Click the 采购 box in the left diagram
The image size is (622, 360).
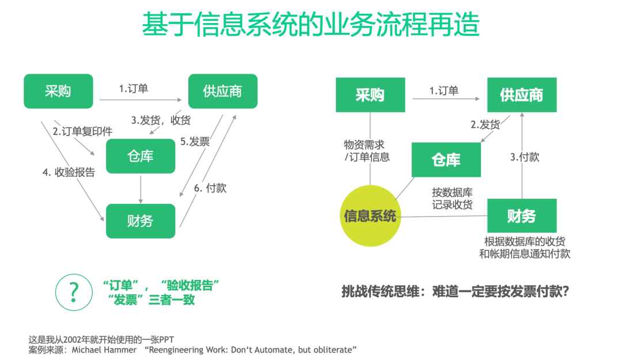[58, 91]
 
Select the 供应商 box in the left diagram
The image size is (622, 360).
[223, 91]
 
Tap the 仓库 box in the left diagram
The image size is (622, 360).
[141, 156]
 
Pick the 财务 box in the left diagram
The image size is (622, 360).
[141, 221]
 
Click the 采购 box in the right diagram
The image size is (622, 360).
[370, 94]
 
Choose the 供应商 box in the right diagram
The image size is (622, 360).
[522, 94]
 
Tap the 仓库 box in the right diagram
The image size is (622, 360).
[446, 160]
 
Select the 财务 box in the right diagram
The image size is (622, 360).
[522, 216]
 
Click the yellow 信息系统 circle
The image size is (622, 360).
[370, 216]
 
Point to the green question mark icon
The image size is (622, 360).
[74, 292]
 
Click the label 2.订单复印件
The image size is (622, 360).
[83, 131]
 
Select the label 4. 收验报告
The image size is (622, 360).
[70, 172]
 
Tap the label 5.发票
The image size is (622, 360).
[195, 142]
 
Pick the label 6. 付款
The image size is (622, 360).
[210, 188]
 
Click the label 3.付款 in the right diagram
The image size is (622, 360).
[525, 157]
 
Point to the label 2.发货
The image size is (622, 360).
[486, 124]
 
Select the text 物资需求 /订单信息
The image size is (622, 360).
[367, 151]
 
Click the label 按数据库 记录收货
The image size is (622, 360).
[452, 198]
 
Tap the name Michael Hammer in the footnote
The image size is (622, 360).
[104, 350]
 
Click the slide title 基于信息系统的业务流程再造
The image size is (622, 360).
[311, 25]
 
